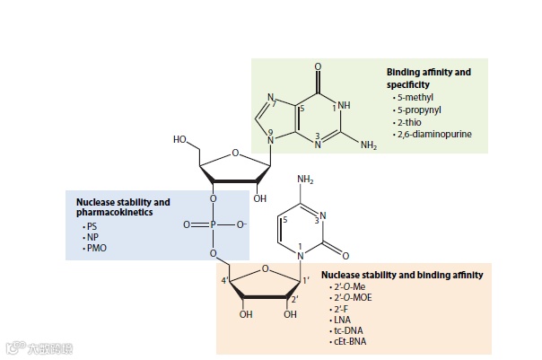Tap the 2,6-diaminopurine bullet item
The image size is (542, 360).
pyautogui.click(x=433, y=134)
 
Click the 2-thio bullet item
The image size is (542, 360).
pyautogui.click(x=409, y=121)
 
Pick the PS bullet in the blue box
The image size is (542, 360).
pyautogui.click(x=91, y=226)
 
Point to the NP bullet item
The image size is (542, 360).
pyautogui.click(x=91, y=237)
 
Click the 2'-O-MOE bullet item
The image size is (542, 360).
pyautogui.click(x=354, y=296)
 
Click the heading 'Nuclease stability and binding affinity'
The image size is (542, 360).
pyautogui.click(x=402, y=274)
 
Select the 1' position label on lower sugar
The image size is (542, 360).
pyautogui.click(x=306, y=283)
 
